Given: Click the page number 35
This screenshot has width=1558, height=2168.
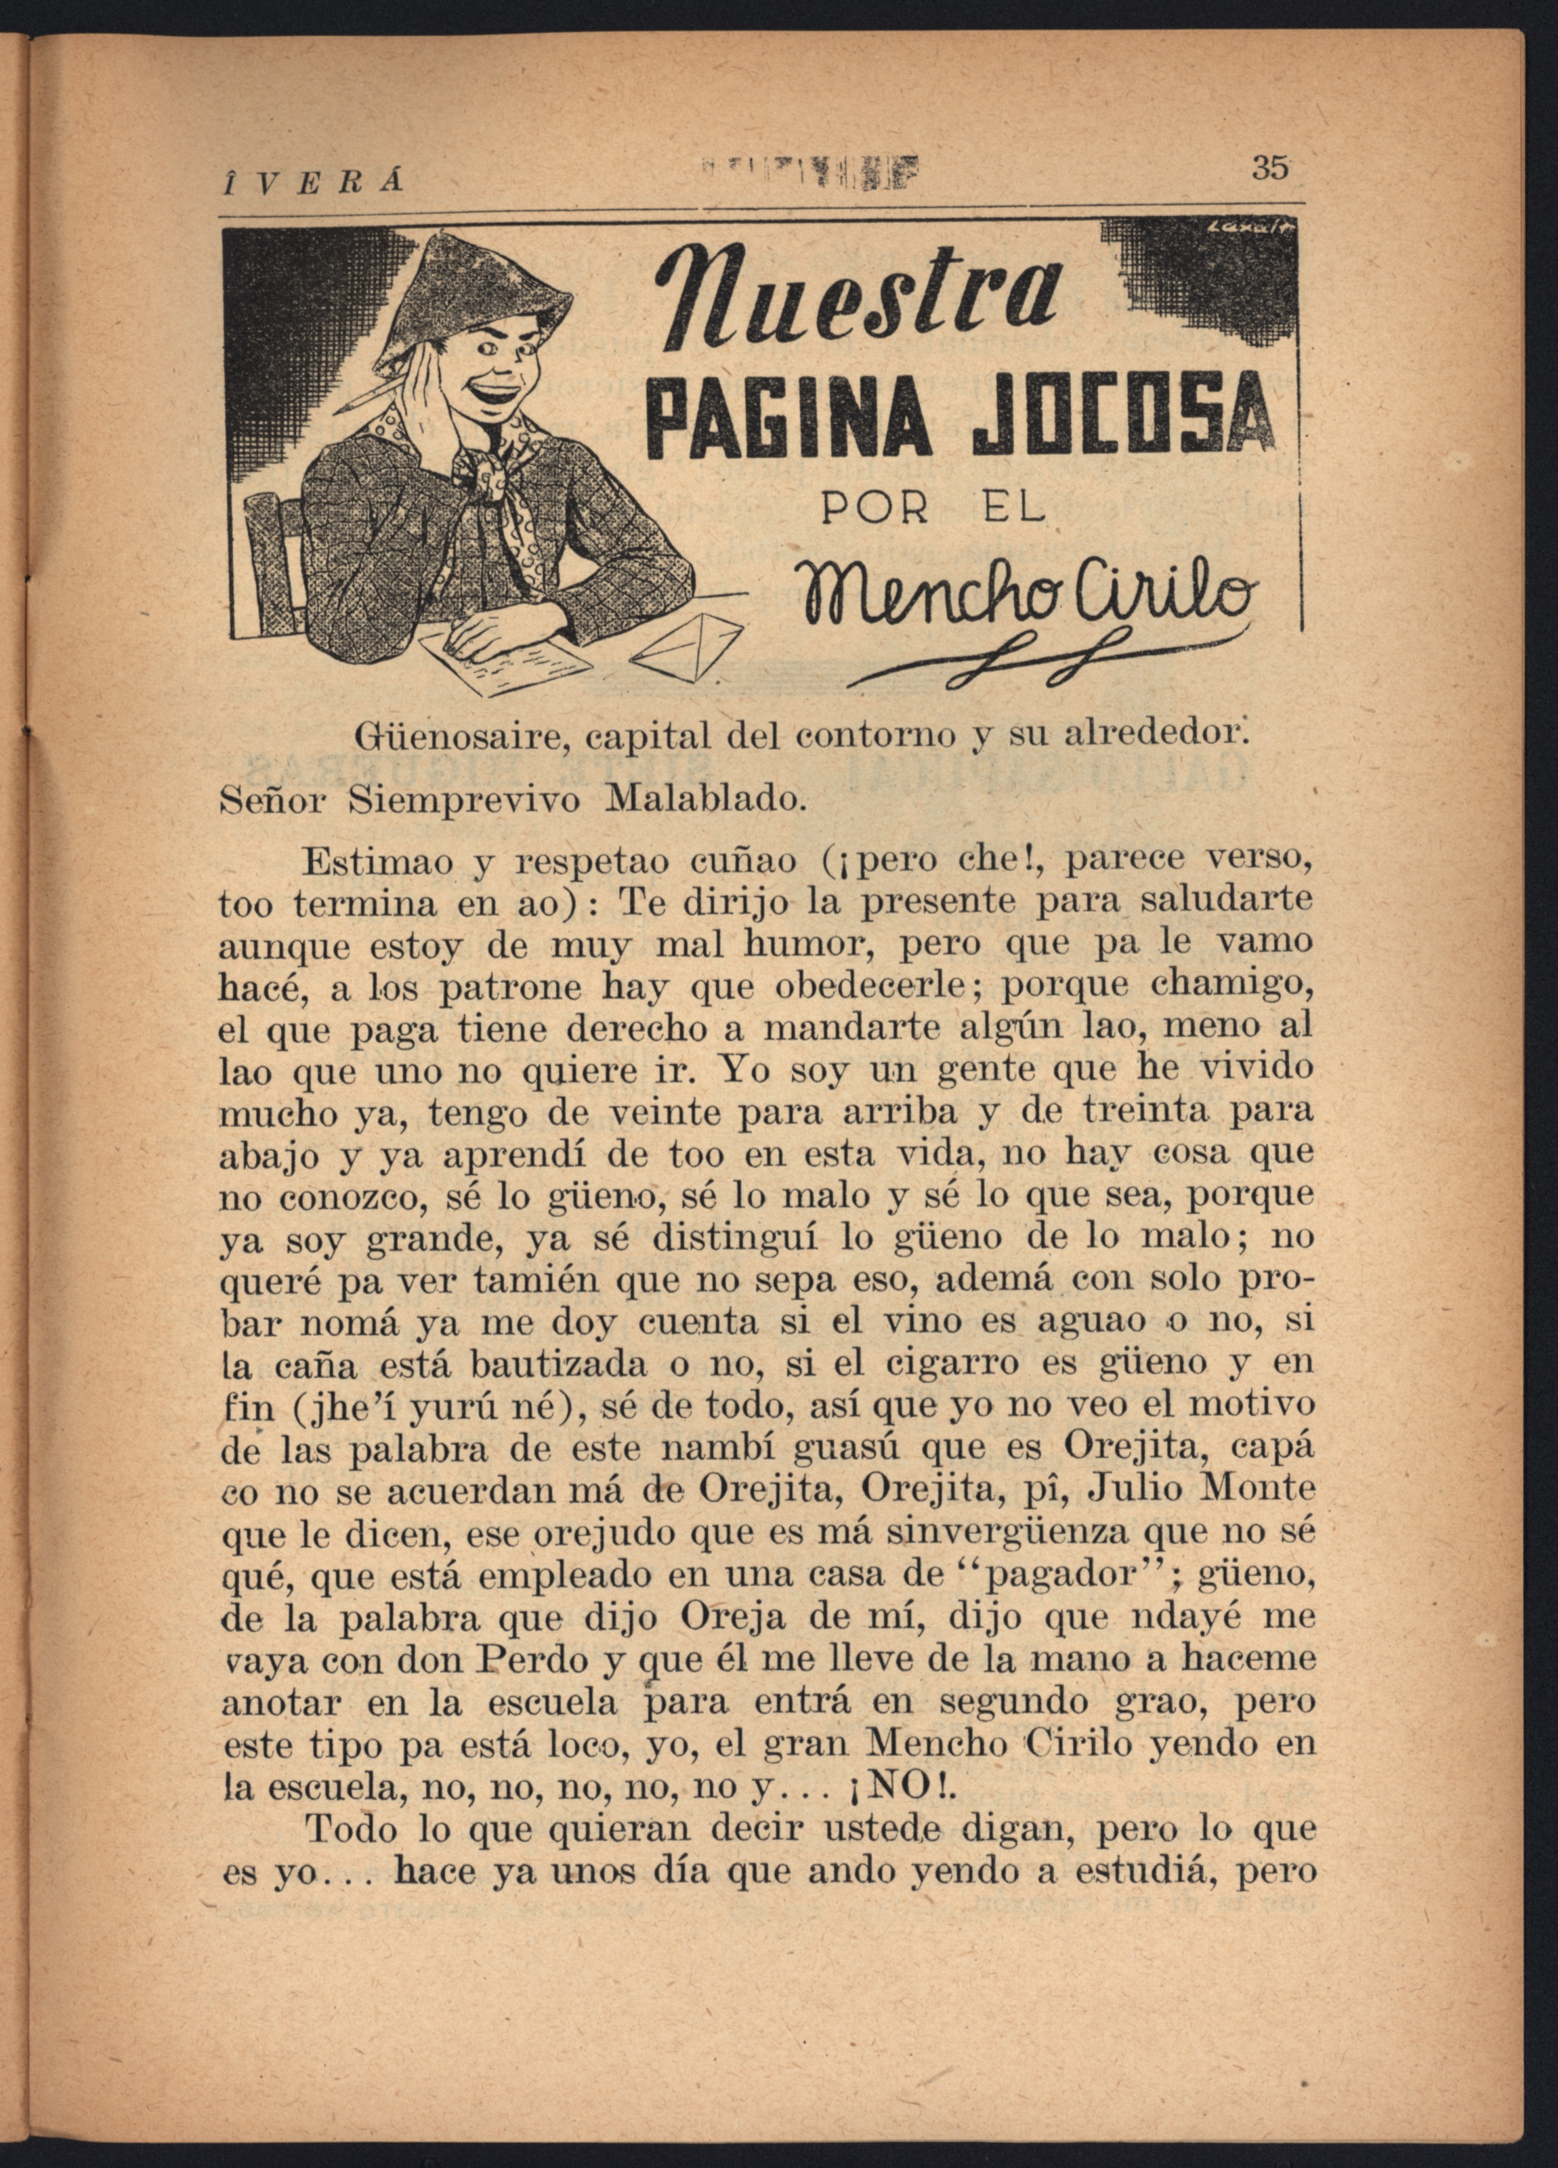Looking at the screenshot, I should (x=1271, y=168).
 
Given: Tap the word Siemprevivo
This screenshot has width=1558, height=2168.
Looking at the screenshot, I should (x=463, y=799).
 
